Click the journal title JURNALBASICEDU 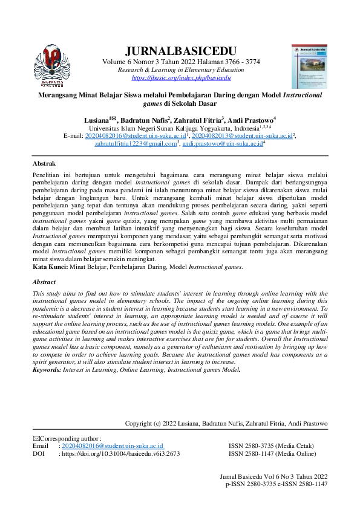coord(180,50)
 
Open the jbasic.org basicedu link coord(181,78)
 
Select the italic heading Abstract coord(44,282)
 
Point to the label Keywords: coord(50,369)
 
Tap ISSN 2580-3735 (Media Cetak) coord(271,446)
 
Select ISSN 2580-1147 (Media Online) coord(272,453)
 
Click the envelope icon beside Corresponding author coord(35,438)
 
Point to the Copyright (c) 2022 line coord(226,424)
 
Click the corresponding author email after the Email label coord(113,446)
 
